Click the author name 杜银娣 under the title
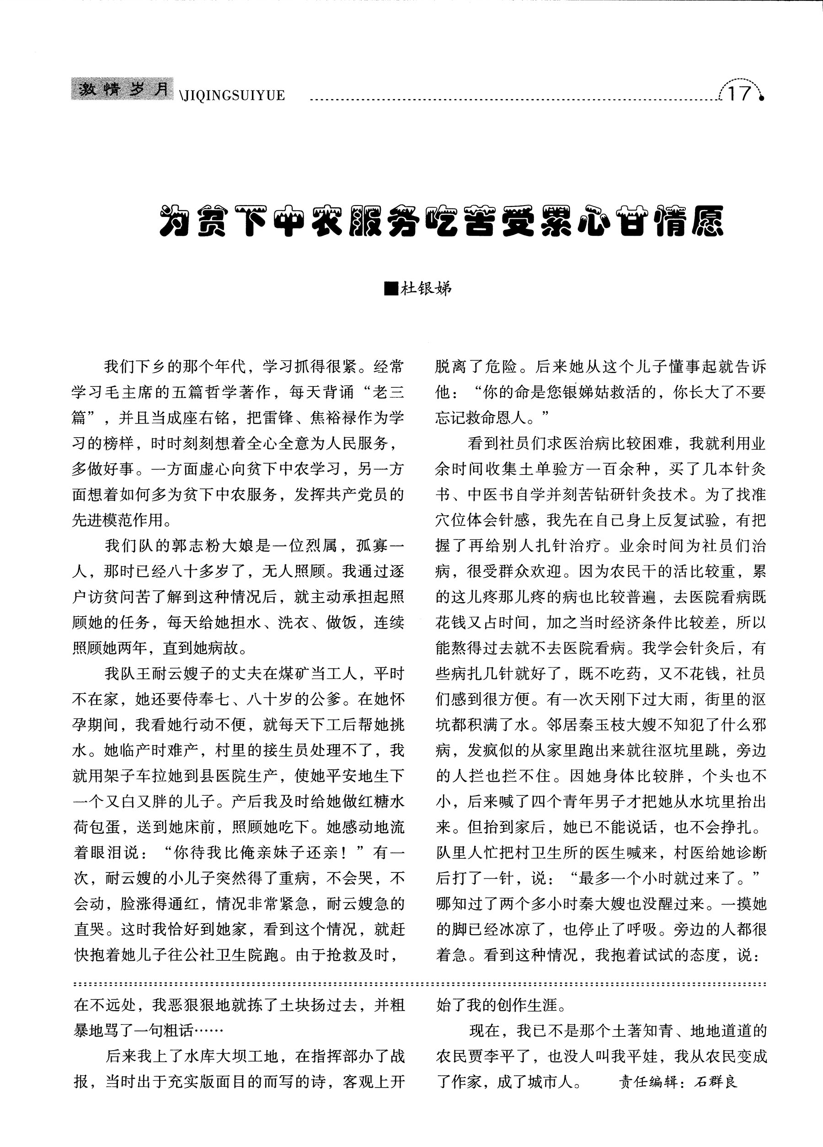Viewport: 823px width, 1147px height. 426,289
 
